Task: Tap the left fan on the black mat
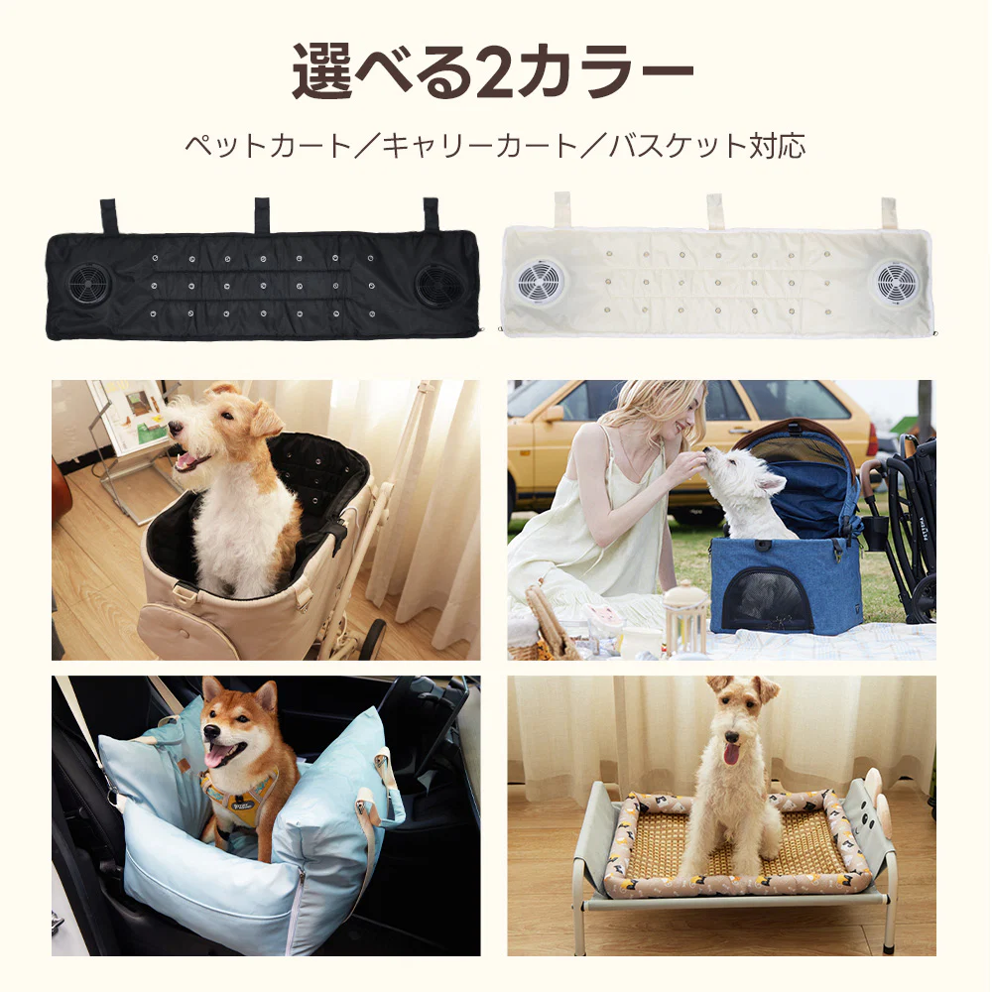coord(89,285)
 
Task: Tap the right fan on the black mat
coord(438,285)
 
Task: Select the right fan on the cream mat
coord(896,283)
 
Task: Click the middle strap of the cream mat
coord(715,211)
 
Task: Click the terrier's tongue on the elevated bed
coord(732,753)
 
